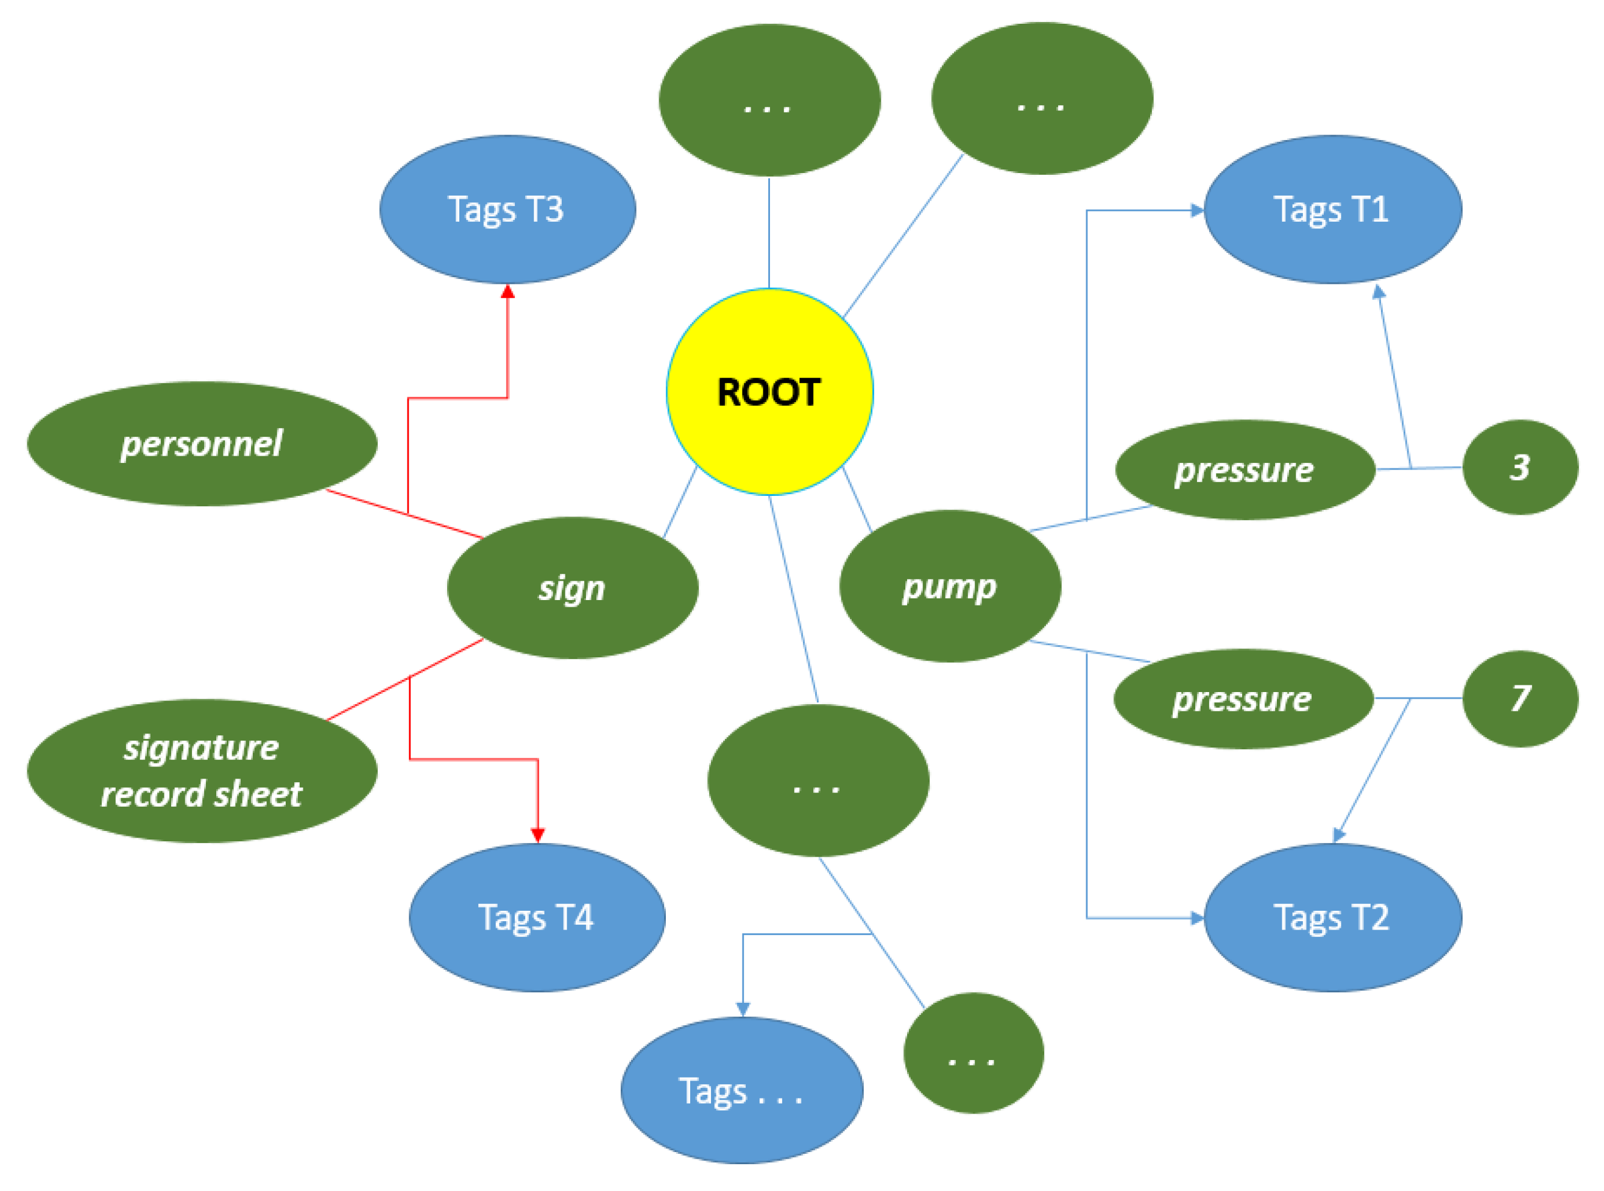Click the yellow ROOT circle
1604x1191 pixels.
[x=769, y=392]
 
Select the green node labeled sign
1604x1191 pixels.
[x=573, y=587]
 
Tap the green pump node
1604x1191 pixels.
[x=949, y=586]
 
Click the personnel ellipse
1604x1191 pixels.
[x=202, y=444]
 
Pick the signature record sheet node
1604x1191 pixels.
[x=202, y=770]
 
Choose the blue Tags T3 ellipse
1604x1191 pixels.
[x=507, y=209]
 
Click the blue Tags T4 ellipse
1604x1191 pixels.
[x=537, y=917]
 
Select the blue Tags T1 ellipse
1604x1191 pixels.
[x=1332, y=209]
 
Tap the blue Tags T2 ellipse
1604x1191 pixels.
[x=1332, y=917]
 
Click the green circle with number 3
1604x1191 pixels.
[x=1520, y=467]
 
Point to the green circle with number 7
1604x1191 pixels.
[x=1520, y=698]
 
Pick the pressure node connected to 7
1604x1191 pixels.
[x=1243, y=699]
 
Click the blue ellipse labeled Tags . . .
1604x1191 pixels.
[x=742, y=1090]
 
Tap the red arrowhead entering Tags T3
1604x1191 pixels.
[x=507, y=291]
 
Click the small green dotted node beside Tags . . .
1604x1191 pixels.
[x=973, y=1053]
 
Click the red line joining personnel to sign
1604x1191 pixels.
[x=404, y=514]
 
